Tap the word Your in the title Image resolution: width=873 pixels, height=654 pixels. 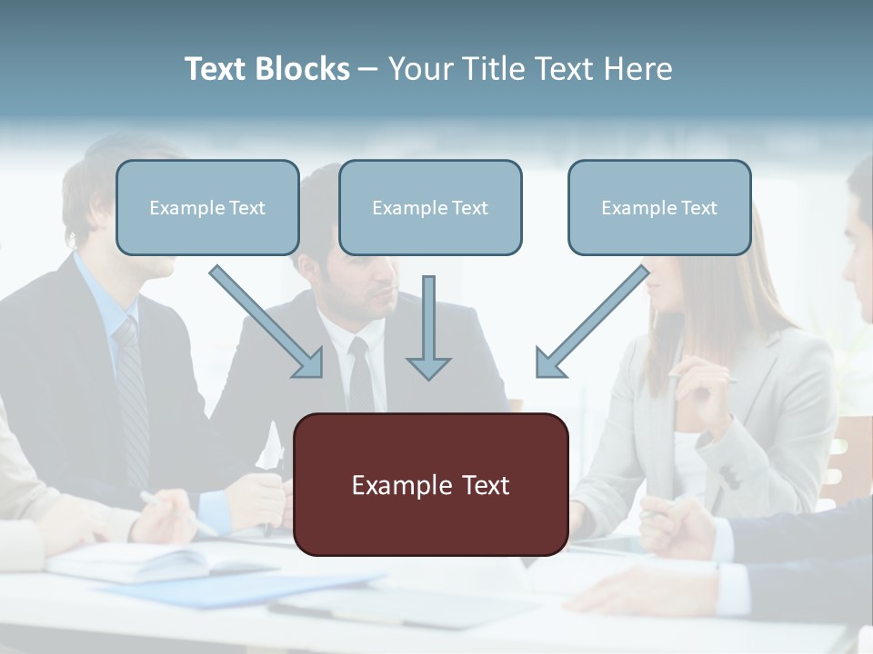pos(423,69)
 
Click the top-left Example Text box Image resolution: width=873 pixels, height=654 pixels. pos(207,207)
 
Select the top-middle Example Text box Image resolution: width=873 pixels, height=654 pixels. pos(430,207)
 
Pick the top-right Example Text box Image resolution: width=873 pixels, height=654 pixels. pos(659,207)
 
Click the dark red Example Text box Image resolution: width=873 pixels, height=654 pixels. pos(430,484)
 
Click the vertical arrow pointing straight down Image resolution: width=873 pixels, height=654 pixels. pos(428,327)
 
